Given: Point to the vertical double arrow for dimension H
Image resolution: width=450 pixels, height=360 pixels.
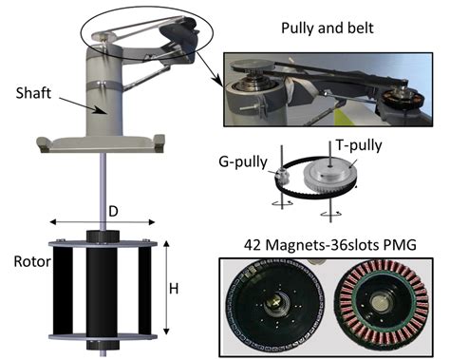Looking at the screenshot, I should click(167, 285).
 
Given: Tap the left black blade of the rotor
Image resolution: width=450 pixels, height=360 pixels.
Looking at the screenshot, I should click(62, 290).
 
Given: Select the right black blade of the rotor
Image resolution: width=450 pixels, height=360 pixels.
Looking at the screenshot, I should click(144, 290).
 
